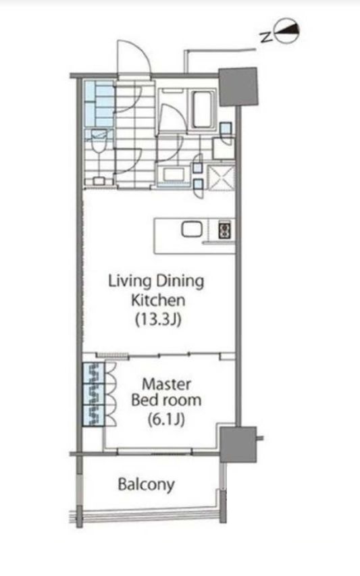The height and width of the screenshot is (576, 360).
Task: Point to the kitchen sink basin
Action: pos(192,230)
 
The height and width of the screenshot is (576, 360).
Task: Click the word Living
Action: pos(130,282)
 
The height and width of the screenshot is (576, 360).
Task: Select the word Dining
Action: pos(180,282)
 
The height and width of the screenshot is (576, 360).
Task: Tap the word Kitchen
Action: pos(158,300)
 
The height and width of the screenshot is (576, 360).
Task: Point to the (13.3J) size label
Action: pos(158,319)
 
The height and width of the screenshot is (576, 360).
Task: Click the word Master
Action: pos(166,384)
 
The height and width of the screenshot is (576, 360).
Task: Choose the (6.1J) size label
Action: pos(166,419)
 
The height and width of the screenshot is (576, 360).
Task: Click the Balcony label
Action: pos(146,485)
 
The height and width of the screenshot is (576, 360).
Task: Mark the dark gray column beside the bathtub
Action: pos(238,87)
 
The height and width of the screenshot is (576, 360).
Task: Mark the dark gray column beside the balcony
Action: pos(238,444)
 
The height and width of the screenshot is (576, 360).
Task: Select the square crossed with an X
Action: pos(221,178)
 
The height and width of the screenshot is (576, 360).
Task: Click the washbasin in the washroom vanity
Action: pos(172,174)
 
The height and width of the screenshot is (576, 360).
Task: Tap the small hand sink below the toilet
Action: pos(99,181)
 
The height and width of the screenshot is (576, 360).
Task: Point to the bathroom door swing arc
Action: pos(174,117)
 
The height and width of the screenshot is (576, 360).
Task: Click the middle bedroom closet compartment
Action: pos(93,394)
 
